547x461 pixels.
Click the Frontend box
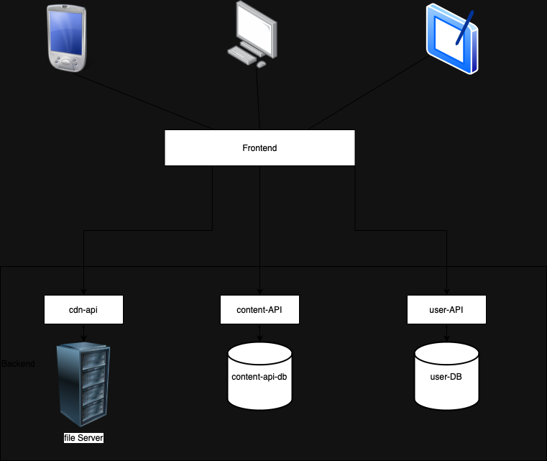click(x=259, y=148)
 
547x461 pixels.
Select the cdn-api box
click(x=84, y=310)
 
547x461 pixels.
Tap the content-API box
click(x=259, y=310)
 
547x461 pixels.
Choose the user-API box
click(x=447, y=310)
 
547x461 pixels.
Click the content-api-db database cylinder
click(x=259, y=377)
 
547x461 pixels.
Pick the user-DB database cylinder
click(x=447, y=377)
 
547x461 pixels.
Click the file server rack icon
click(x=84, y=385)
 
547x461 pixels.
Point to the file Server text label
click(x=84, y=437)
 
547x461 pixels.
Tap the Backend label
click(x=18, y=364)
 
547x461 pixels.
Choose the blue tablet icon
click(x=451, y=40)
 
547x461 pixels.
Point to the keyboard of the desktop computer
click(x=243, y=55)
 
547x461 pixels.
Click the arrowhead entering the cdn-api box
click(x=84, y=292)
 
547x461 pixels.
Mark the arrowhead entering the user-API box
click(x=447, y=292)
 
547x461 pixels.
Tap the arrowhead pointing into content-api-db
click(x=259, y=339)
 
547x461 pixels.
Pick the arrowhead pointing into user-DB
click(x=447, y=339)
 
